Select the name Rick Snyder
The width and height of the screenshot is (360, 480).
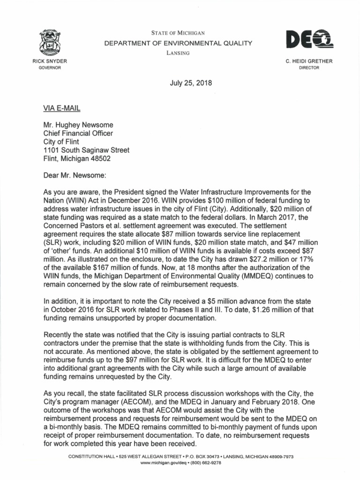pos(49,61)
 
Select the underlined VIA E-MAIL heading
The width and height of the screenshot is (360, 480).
pos(61,108)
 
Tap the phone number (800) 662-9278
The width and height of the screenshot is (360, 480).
pos(204,462)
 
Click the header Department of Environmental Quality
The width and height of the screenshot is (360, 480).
pos(178,43)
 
